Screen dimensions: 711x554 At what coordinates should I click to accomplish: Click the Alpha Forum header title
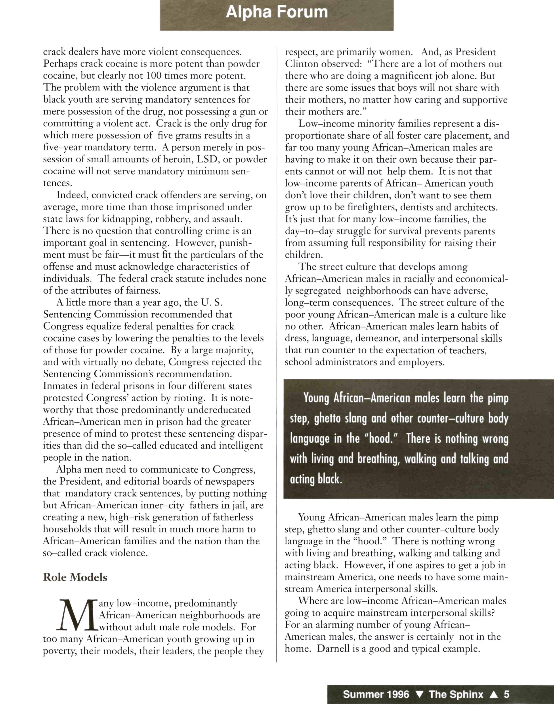click(277, 12)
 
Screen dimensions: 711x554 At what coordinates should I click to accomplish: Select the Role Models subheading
click(75, 577)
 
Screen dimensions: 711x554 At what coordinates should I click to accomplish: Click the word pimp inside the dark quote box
click(498, 398)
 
